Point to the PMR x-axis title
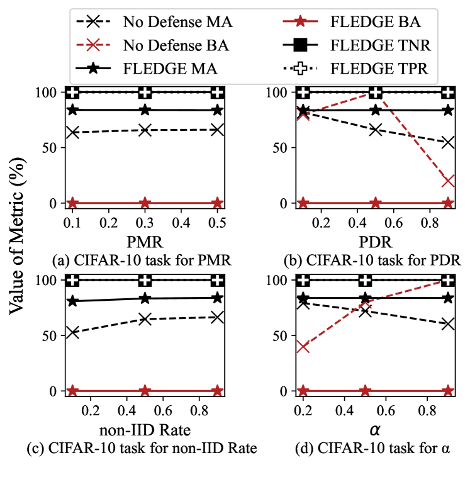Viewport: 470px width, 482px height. pyautogui.click(x=145, y=241)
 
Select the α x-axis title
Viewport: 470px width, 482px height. pyautogui.click(x=376, y=430)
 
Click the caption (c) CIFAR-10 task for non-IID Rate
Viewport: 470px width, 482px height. pyautogui.click(x=145, y=449)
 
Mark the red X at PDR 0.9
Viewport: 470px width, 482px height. pyautogui.click(x=448, y=181)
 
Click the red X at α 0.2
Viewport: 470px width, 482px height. pyautogui.click(x=303, y=346)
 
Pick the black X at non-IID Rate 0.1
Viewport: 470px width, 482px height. pyautogui.click(x=72, y=332)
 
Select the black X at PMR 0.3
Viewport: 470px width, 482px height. pyautogui.click(x=145, y=130)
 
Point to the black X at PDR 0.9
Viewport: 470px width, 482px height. pyautogui.click(x=448, y=142)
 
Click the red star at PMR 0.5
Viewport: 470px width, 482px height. pyautogui.click(x=217, y=203)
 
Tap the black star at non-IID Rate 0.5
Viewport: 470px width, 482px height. pyautogui.click(x=145, y=298)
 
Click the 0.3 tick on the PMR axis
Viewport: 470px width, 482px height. pyautogui.click(x=145, y=223)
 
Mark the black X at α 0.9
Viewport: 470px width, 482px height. pyautogui.click(x=448, y=323)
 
